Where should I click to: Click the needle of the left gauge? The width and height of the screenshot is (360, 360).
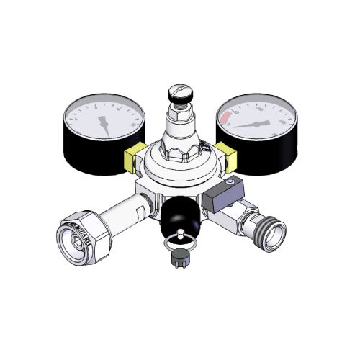click(105, 124)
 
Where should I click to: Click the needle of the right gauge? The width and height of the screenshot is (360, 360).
click(252, 124)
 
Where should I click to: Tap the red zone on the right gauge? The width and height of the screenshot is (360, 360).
click(227, 116)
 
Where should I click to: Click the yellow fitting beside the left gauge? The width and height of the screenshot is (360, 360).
click(132, 156)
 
